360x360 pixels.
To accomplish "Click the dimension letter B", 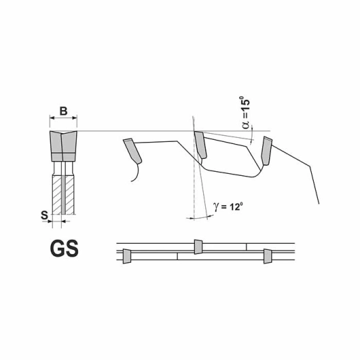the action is pos(63,111).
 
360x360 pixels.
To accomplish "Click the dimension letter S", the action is pos(44,215).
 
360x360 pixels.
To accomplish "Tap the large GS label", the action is pos(64,249).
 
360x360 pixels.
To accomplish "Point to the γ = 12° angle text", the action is pos(228,206).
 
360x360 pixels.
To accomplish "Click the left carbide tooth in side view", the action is pos(132,151).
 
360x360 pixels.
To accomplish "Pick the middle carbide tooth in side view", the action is pos(200,145).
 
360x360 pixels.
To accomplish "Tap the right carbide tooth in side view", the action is pos(266,151).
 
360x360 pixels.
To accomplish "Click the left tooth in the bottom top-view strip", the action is pos(127,256).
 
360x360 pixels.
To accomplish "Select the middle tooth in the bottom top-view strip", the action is pos(198,247).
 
